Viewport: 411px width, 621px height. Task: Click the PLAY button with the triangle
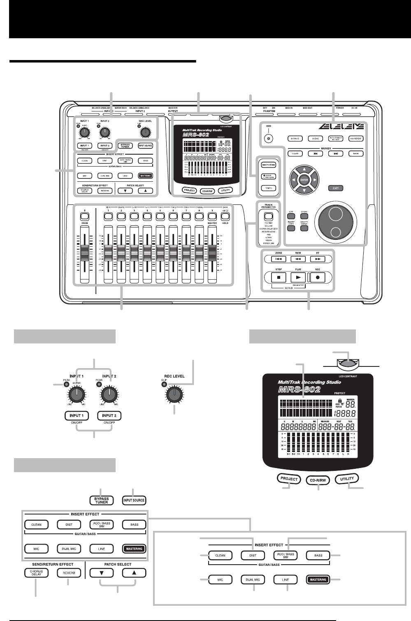pos(298,277)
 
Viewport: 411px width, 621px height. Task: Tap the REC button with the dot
pos(318,277)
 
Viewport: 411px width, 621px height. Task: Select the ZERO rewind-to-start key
pos(279,259)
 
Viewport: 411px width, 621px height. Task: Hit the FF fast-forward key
pos(318,259)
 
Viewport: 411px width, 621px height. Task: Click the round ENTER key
pos(304,180)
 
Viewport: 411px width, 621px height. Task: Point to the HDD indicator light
pos(268,139)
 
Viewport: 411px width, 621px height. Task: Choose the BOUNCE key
pos(295,139)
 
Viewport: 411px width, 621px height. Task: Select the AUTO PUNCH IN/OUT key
pos(336,139)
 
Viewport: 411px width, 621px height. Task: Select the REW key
pos(298,259)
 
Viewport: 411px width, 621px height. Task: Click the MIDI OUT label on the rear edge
pos(307,108)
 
